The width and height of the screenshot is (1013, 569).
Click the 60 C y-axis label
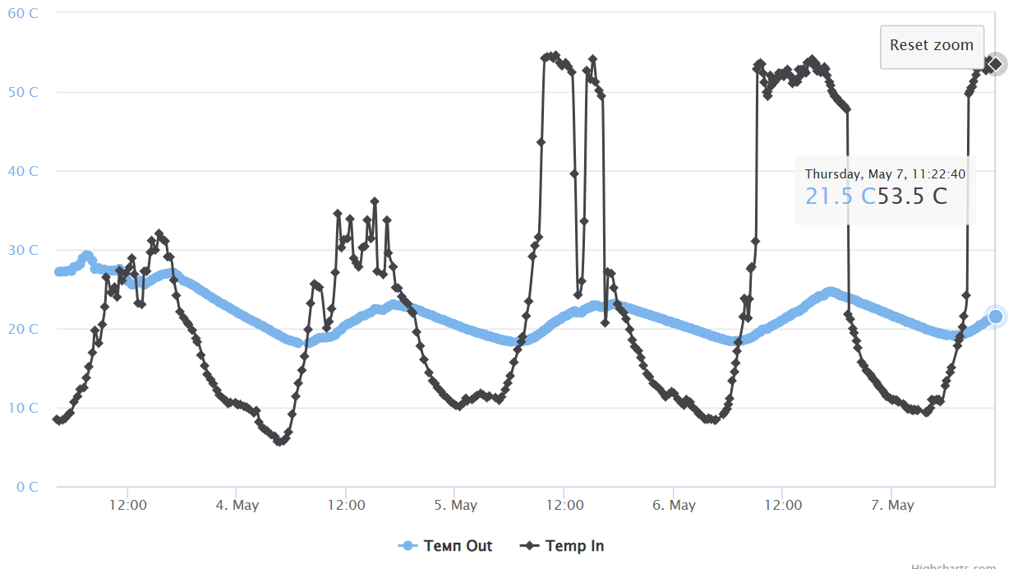click(23, 13)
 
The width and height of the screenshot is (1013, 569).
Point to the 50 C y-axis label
click(23, 92)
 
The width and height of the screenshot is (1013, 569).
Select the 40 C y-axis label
click(23, 171)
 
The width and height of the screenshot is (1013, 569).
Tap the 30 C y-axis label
click(23, 250)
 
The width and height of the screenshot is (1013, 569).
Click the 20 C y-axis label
click(23, 329)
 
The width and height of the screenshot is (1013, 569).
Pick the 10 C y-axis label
click(23, 408)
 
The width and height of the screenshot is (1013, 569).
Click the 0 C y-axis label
click(28, 487)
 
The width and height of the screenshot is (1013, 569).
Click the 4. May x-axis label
click(237, 505)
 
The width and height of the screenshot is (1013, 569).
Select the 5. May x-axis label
click(455, 505)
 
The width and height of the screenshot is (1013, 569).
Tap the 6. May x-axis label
click(674, 505)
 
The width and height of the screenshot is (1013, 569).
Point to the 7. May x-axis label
click(892, 505)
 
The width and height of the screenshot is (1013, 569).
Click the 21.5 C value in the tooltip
click(840, 197)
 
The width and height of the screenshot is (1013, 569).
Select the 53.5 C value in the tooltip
click(912, 197)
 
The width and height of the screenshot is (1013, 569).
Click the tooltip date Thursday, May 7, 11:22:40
click(885, 174)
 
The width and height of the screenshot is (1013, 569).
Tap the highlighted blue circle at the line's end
click(996, 317)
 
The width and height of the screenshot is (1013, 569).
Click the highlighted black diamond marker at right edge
click(996, 64)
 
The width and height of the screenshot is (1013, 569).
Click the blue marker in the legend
click(408, 546)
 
